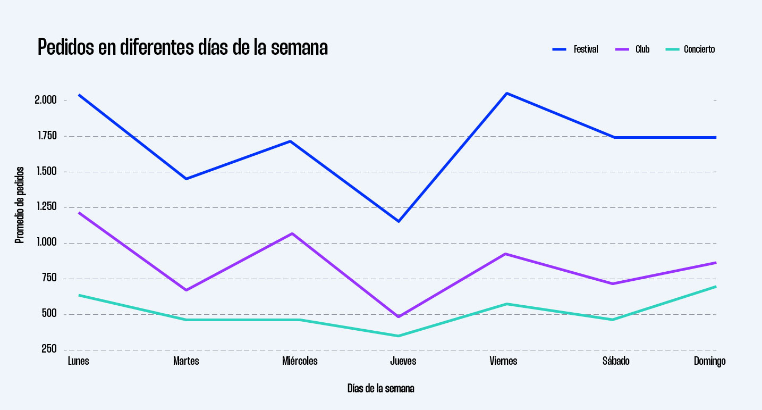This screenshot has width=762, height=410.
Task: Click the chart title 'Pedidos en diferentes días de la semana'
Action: click(182, 48)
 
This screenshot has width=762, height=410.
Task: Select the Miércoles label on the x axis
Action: click(300, 361)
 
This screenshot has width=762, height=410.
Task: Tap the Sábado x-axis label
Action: click(616, 361)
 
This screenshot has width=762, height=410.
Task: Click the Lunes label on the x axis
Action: click(79, 361)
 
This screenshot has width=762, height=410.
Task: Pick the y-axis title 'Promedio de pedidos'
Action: click(20, 205)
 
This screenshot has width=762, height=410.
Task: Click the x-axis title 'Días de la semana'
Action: click(380, 388)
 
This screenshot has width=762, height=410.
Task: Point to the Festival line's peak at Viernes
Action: click(507, 94)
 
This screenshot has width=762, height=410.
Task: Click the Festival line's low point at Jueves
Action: click(398, 221)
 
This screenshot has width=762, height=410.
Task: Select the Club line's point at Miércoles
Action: click(292, 233)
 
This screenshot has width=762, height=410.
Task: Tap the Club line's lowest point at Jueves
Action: click(398, 316)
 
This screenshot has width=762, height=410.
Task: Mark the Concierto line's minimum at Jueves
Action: click(398, 336)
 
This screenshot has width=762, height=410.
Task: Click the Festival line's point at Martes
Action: click(186, 179)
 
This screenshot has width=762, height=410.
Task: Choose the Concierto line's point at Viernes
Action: click(507, 304)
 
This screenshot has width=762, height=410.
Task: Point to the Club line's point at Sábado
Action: click(613, 283)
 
